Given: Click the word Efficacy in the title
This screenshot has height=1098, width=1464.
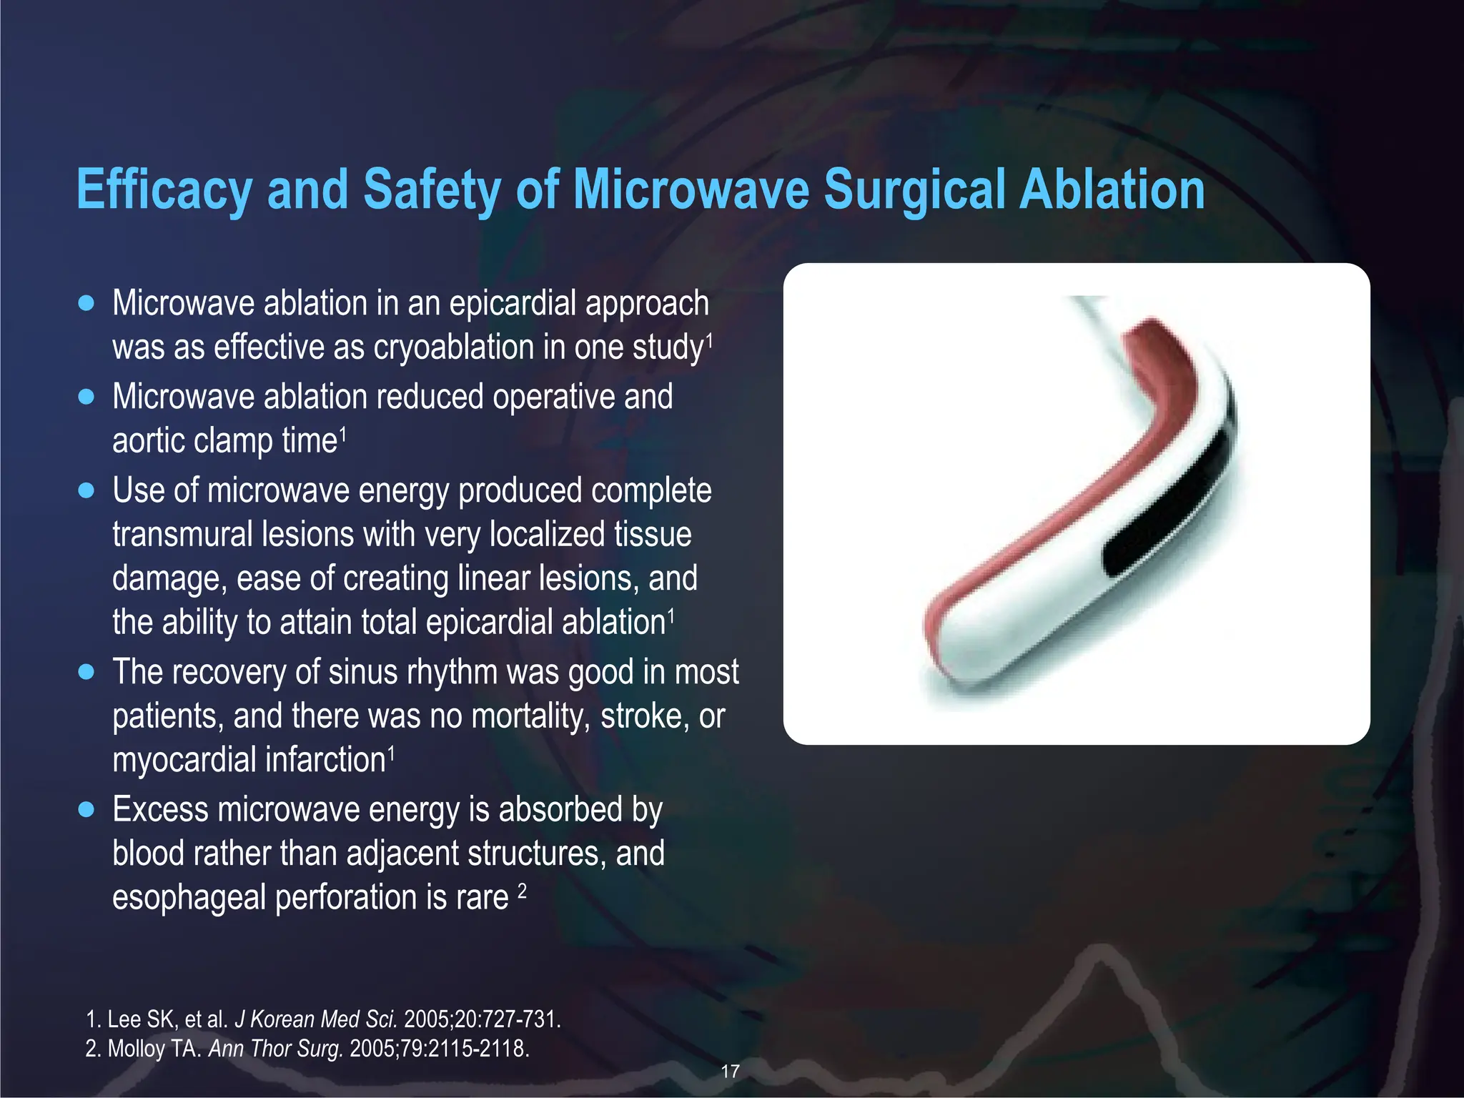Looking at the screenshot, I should [x=164, y=190].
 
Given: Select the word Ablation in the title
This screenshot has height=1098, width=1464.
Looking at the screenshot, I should [x=1112, y=190].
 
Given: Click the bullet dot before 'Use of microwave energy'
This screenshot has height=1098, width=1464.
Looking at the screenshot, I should [x=86, y=491].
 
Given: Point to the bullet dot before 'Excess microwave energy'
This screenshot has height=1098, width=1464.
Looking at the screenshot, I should [x=86, y=809].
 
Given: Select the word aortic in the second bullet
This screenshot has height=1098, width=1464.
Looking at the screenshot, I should [x=147, y=440].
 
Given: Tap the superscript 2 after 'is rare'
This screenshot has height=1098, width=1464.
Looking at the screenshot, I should [x=522, y=890].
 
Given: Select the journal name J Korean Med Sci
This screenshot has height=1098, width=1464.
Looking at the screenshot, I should [x=316, y=1019].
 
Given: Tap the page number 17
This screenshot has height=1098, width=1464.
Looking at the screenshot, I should [x=730, y=1072].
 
